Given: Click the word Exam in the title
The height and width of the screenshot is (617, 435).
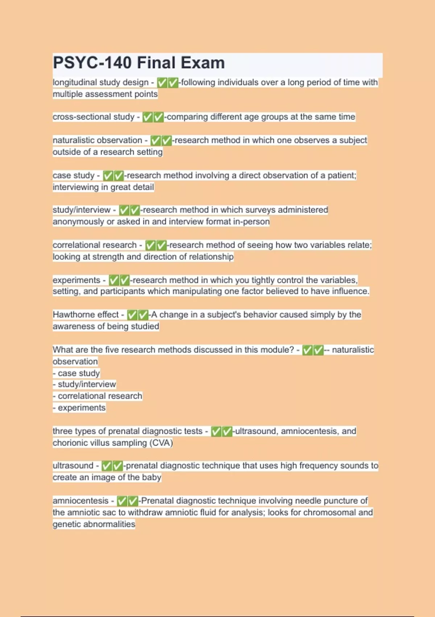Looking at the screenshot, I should click(203, 63).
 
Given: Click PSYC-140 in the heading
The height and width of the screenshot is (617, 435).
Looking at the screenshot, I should click(92, 63).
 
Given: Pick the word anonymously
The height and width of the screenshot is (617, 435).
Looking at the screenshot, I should click(78, 221).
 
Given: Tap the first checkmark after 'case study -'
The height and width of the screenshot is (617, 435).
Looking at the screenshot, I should click(108, 176).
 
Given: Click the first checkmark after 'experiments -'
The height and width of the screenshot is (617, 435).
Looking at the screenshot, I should click(114, 280).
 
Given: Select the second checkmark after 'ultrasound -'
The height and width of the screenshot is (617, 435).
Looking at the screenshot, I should click(118, 466).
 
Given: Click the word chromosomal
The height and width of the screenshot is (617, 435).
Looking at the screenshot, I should click(328, 512).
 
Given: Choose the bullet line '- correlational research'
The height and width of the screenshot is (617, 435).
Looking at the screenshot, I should click(98, 396).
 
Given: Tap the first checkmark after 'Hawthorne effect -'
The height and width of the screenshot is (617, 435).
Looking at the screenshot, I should click(132, 315).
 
